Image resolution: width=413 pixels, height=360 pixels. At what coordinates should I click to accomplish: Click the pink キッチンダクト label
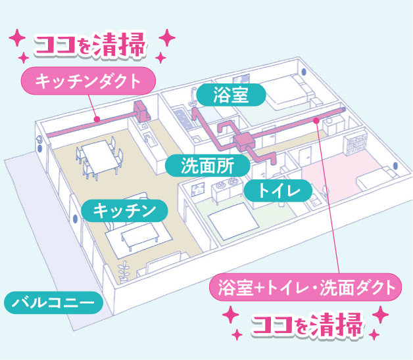88,81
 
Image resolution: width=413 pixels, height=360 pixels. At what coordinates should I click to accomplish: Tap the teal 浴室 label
231,95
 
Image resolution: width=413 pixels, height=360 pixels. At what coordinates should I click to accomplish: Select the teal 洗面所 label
208,166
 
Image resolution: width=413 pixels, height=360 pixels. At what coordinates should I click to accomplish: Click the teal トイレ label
278,191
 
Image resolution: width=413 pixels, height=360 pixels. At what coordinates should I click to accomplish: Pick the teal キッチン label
124,210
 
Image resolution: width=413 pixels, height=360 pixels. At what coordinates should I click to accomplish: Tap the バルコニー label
53,303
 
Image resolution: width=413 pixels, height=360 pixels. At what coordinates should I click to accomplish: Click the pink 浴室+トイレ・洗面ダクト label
305,287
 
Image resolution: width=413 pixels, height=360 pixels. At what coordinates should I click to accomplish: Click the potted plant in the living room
124,271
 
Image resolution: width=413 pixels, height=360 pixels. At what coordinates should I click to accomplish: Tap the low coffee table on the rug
139,235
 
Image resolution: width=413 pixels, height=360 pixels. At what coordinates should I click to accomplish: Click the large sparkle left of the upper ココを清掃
17,37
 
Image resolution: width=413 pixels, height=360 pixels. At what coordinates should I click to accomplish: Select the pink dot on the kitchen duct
97,119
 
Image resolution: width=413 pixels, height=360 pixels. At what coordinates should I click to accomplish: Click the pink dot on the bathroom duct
316,120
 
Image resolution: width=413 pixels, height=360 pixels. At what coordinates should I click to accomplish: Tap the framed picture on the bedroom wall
198,189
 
